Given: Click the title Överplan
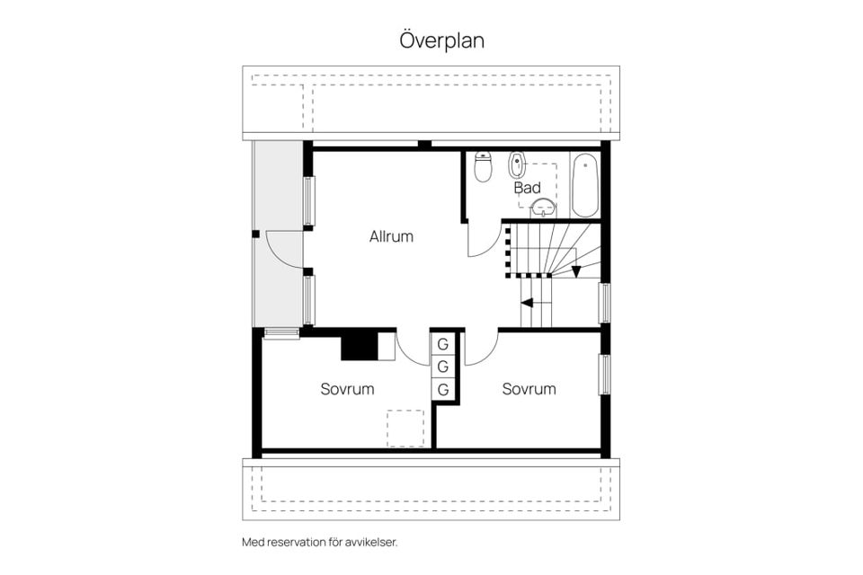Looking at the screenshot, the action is [x=442, y=40].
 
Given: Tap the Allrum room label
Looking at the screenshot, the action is [x=391, y=236].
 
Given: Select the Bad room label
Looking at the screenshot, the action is [x=528, y=188].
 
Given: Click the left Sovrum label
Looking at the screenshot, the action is [x=347, y=389].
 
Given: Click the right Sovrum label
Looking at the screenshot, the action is [x=529, y=389].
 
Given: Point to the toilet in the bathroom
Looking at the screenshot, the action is [x=483, y=166].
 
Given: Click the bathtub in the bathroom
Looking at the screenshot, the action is [x=584, y=185].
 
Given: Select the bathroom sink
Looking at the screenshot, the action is [x=543, y=208].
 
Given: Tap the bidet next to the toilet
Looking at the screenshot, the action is [x=516, y=164].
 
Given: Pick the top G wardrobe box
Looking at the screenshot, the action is [x=443, y=344].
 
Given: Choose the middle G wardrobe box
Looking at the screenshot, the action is [x=443, y=367].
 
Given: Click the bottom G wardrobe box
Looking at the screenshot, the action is [x=443, y=390].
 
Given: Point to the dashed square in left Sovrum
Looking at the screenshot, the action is [x=405, y=428].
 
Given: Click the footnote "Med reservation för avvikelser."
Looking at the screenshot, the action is [x=320, y=542].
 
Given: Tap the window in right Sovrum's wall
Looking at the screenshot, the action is [x=605, y=375].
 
